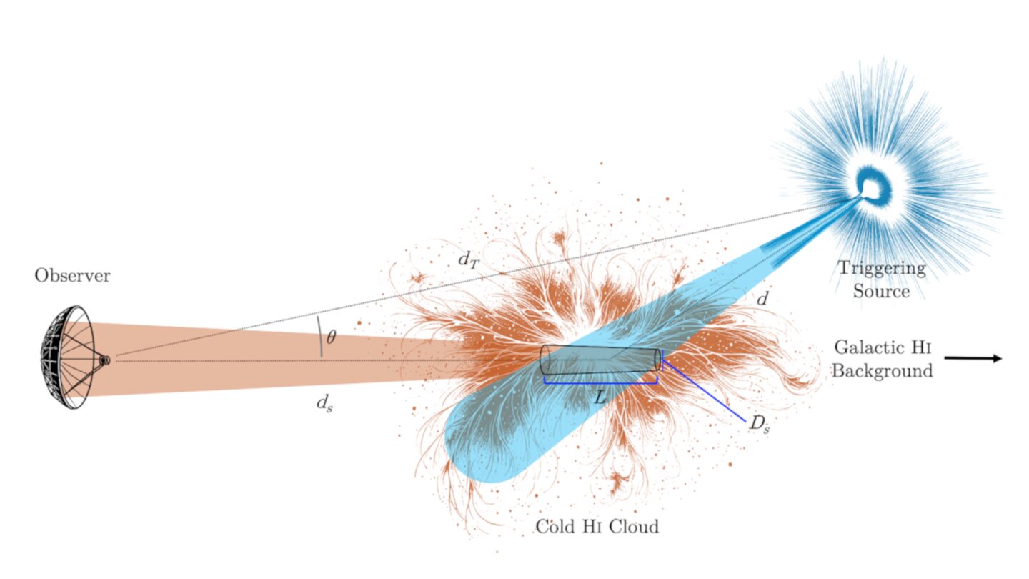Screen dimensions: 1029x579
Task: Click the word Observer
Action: point(72,276)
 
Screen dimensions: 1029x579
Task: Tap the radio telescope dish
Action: point(69,357)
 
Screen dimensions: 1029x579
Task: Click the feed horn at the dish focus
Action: point(105,360)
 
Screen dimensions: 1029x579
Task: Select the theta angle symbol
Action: point(332,337)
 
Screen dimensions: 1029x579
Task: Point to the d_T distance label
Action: point(469,260)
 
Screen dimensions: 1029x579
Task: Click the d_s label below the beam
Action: point(324,403)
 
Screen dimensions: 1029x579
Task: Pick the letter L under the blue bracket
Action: point(600,398)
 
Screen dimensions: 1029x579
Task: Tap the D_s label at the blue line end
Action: point(760,424)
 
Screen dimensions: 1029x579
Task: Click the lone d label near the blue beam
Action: point(762,299)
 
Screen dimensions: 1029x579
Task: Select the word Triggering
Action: point(882,269)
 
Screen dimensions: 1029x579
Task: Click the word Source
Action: point(882,292)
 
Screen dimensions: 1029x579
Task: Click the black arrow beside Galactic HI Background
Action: point(973,358)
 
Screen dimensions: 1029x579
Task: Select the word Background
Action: point(882,371)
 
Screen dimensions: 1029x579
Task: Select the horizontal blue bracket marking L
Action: point(601,383)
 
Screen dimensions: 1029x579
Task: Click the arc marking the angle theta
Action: point(319,337)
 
